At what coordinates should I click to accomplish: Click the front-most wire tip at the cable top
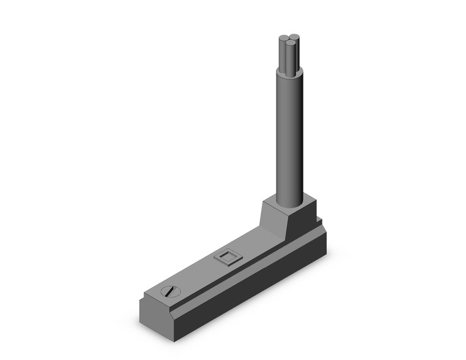(x=289, y=45)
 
